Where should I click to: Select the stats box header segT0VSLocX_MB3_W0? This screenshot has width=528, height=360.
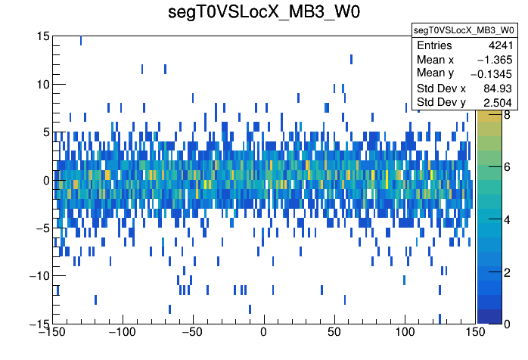click(463, 30)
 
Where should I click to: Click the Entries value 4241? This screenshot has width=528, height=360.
click(501, 45)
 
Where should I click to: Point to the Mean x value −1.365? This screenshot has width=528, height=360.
click(496, 59)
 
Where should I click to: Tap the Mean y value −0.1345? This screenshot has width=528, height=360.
click(492, 73)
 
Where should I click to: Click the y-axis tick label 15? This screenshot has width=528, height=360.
click(42, 36)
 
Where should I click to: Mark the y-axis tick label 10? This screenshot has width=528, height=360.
click(42, 84)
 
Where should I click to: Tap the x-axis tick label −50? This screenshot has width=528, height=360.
click(193, 333)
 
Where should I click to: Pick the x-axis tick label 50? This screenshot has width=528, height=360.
click(334, 333)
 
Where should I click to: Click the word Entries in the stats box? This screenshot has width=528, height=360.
click(434, 45)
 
